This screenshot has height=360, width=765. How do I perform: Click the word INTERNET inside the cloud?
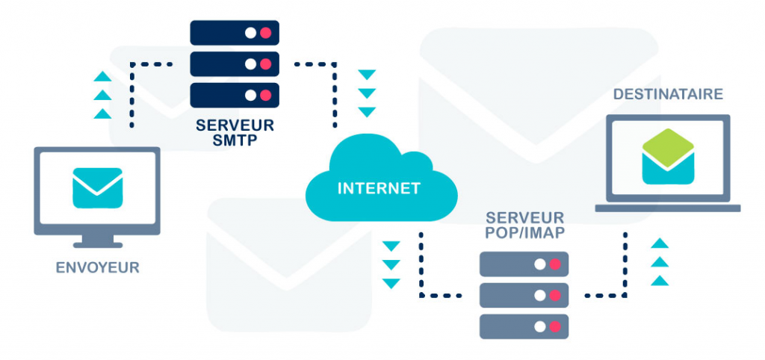(379, 188)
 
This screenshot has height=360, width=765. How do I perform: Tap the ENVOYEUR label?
(97, 267)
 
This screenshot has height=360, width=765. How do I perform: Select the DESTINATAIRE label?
(668, 95)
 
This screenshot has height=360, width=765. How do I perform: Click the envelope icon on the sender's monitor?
(97, 187)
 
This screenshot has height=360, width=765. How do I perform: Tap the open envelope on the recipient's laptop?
(668, 157)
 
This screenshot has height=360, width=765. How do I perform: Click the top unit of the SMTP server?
(235, 33)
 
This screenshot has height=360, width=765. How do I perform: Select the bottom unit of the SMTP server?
(235, 95)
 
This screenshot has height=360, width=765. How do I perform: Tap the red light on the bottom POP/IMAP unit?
(554, 326)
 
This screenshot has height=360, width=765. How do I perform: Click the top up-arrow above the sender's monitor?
(102, 77)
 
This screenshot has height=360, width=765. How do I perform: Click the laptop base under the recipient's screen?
(668, 208)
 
